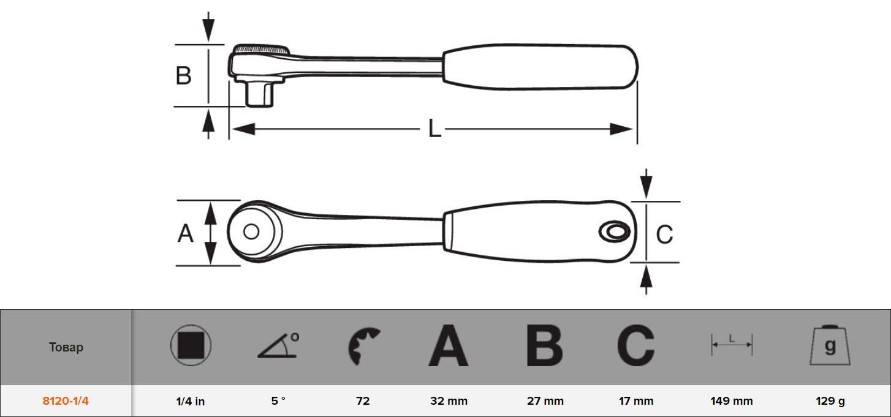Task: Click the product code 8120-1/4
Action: click(66, 400)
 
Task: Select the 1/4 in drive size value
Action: click(190, 401)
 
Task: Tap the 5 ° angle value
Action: click(278, 400)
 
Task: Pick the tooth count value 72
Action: click(363, 400)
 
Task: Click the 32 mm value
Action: click(449, 400)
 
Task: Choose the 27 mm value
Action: click(545, 400)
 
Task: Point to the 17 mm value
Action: click(636, 400)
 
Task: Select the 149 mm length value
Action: click(732, 400)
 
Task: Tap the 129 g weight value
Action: click(830, 400)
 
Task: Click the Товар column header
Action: click(66, 347)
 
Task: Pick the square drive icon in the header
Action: click(191, 345)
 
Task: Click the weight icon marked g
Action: click(830, 345)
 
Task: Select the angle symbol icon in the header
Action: click(278, 345)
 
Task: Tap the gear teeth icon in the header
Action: click(363, 346)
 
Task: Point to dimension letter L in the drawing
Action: click(434, 129)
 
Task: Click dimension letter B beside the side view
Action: click(183, 75)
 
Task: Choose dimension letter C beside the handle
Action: click(664, 234)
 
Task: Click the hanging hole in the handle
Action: click(615, 231)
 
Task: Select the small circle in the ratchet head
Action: click(251, 231)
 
